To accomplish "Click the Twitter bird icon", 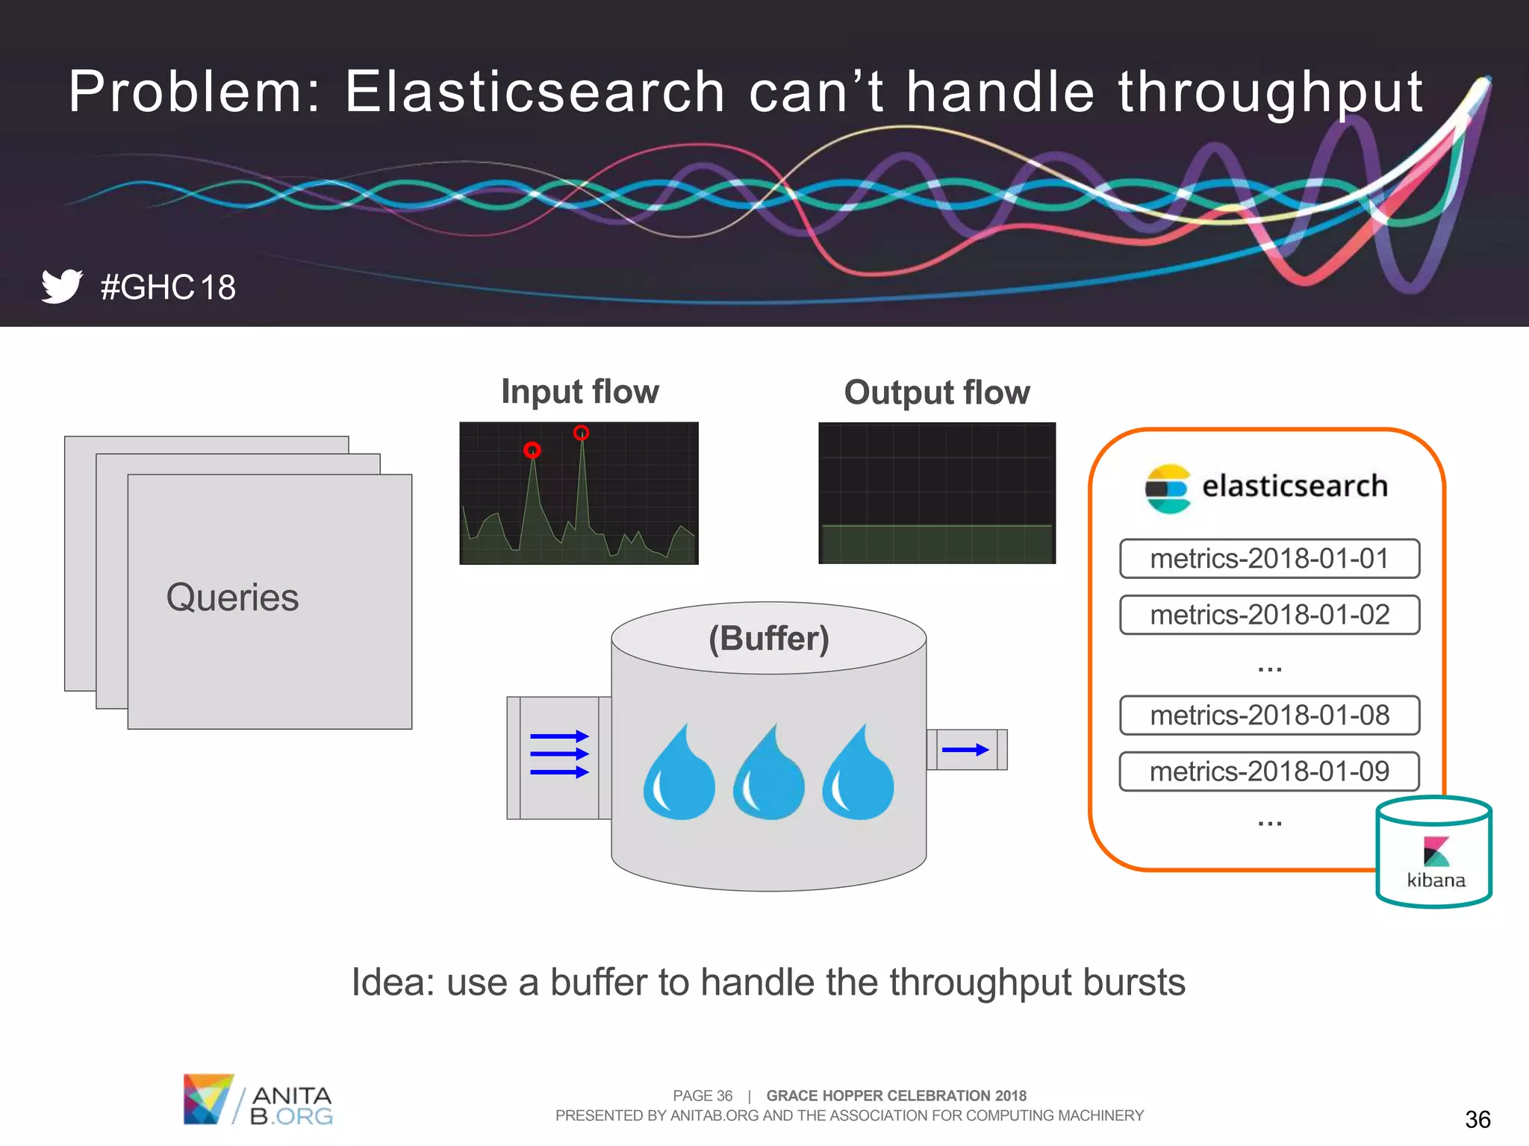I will tap(61, 286).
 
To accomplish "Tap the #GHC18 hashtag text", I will tap(169, 288).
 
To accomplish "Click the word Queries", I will tap(232, 598).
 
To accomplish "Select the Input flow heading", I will tap(579, 392).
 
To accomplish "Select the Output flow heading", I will tap(936, 392).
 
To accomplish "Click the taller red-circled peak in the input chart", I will tap(581, 433).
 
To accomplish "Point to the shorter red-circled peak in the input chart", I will tap(532, 450).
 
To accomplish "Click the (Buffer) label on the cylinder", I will tap(769, 639).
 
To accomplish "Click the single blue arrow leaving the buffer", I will tap(965, 750).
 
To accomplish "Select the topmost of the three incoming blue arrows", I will tap(559, 736).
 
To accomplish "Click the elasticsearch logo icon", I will tap(1168, 489).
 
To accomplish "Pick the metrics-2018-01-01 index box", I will tap(1269, 559).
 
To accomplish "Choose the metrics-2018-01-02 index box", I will tap(1269, 615).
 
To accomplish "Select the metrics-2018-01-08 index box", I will tap(1269, 716).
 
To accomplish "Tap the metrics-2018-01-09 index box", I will tap(1269, 771).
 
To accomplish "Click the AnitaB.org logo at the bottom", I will tap(258, 1100).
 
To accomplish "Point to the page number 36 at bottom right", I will tap(1477, 1119).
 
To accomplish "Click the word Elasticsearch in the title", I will tap(535, 92).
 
